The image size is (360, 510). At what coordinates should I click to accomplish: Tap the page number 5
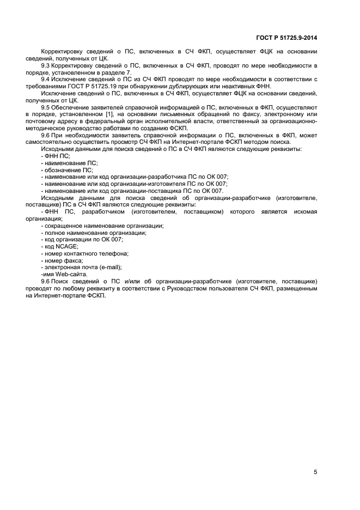(315, 472)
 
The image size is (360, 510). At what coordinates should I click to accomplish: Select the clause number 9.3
(46, 65)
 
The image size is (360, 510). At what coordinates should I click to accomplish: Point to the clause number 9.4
(46, 80)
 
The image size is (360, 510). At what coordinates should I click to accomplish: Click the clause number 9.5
(46, 108)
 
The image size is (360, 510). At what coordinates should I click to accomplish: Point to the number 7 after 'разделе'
(129, 72)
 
